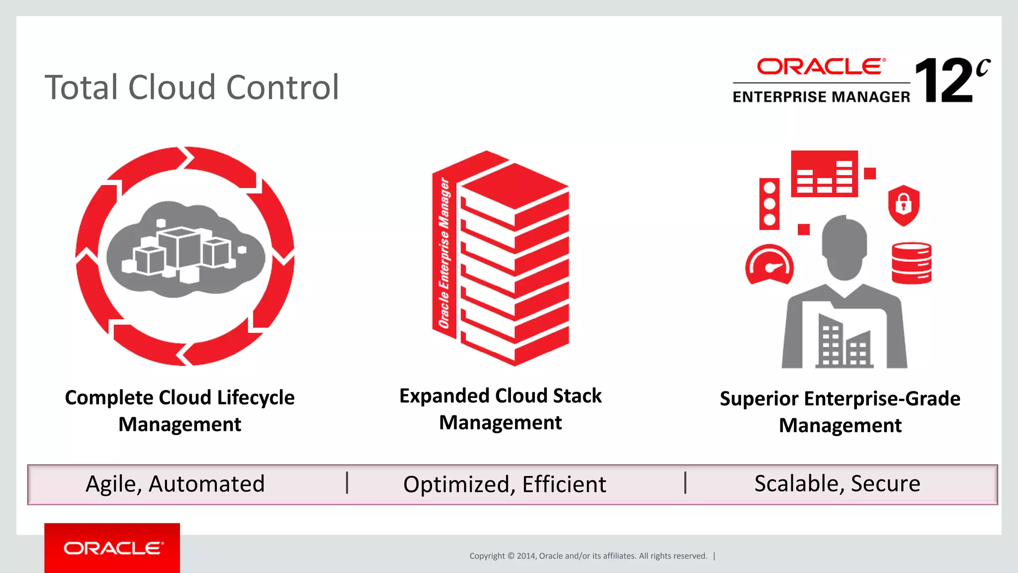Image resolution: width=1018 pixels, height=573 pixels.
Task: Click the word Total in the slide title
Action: tap(82, 88)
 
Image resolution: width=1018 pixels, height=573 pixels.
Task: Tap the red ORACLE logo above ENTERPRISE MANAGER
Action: tap(821, 67)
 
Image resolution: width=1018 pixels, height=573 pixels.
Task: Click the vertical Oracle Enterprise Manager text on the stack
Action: tap(444, 254)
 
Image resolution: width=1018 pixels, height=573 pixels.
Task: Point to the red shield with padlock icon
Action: tap(903, 205)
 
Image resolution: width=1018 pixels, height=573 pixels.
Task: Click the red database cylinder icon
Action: tap(911, 263)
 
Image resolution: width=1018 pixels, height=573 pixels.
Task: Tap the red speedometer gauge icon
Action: tap(769, 265)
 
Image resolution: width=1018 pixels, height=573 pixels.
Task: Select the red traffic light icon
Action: tap(769, 203)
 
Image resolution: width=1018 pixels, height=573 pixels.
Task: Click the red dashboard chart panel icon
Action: tap(824, 174)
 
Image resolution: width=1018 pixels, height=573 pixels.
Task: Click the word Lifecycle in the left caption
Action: tap(255, 398)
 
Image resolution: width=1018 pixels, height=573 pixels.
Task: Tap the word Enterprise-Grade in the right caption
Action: tap(882, 399)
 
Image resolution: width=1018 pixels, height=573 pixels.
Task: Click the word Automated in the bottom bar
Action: tap(206, 484)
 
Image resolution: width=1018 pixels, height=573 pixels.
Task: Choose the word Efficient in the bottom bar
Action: tap(564, 485)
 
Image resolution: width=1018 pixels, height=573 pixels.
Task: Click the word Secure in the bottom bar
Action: tap(885, 483)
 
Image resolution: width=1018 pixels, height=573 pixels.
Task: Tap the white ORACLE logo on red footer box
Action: tap(113, 548)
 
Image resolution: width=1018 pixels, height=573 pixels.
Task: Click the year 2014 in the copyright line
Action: tap(526, 556)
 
